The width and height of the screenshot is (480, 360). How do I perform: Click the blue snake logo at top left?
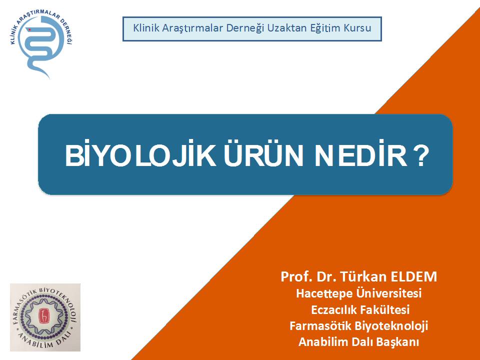[x=42, y=43]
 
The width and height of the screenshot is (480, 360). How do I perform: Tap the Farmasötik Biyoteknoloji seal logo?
[x=45, y=317]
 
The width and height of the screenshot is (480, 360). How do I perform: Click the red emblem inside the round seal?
[x=43, y=316]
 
